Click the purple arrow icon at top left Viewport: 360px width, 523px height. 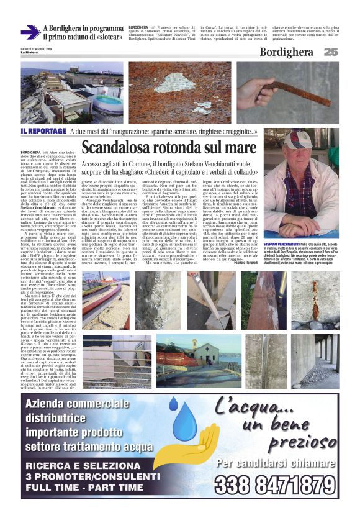[x=30, y=32]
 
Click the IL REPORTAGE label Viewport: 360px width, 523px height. [x=43, y=132]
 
